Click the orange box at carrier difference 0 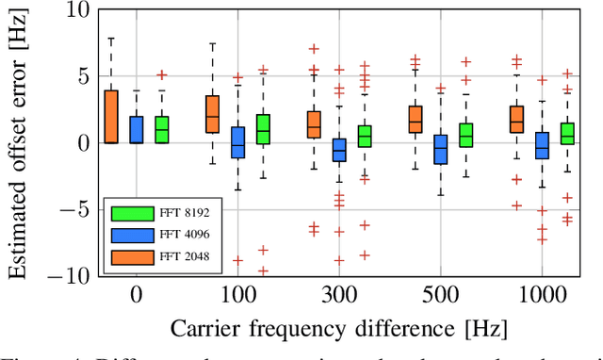pos(111,117)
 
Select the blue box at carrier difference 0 pos(137,129)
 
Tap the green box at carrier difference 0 pos(162,129)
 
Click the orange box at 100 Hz pos(213,114)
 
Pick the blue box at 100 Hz pos(238,142)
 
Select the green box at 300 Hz pos(365,137)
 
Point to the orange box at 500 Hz pos(416,120)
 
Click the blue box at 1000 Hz pos(542,145)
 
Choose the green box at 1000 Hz pos(567,133)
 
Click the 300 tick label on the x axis pos(339,294)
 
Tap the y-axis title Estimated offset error pos(19,141)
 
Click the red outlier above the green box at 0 pos(162,74)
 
